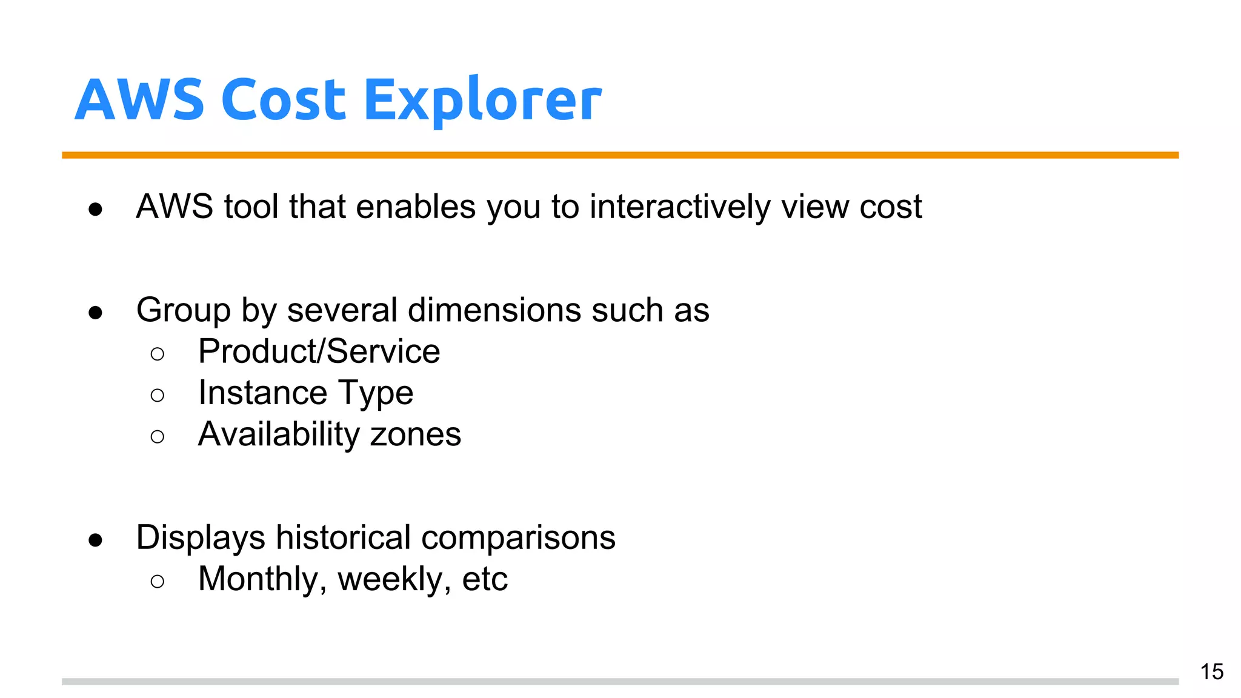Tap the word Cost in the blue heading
283,100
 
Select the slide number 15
1211,671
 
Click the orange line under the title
620,155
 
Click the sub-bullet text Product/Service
319,351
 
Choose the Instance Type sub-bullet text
305,393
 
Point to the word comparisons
518,537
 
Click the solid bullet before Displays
95,540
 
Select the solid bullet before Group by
95,313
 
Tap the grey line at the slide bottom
620,682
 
